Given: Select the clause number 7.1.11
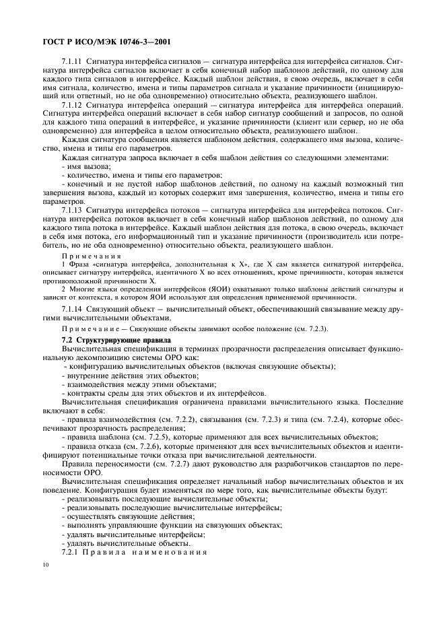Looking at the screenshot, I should pyautogui.click(x=72, y=61).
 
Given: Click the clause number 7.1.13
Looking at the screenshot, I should pyautogui.click(x=72, y=210).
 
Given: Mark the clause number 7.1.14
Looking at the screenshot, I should pyautogui.click(x=72, y=308).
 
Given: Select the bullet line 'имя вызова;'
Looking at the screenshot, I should pyautogui.click(x=86, y=166).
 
